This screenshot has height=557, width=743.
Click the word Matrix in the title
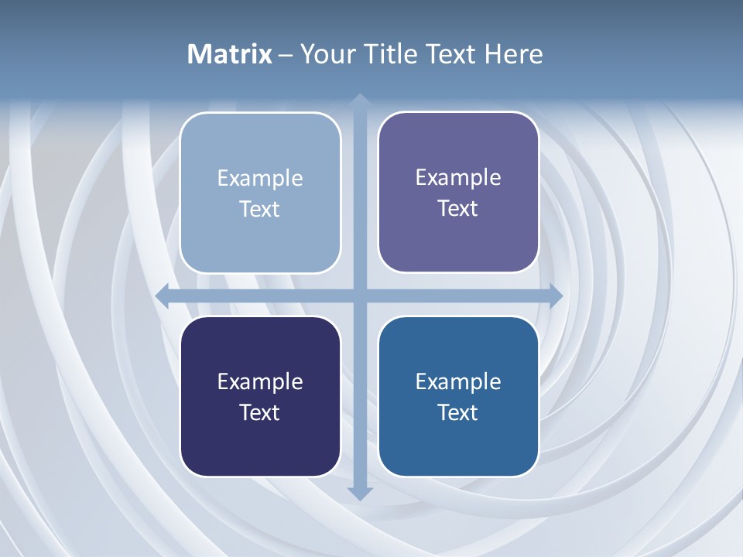230,54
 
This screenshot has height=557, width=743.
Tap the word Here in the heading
513,54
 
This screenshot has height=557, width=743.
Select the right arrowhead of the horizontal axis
555,296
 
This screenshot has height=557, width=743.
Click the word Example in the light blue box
260,178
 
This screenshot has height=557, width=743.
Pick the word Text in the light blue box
260,209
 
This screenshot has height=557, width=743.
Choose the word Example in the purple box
458,177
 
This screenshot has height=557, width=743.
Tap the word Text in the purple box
458,208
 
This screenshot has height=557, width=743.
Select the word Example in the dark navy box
260,381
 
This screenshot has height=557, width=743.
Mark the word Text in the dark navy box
260,412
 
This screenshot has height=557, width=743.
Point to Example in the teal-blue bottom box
458,381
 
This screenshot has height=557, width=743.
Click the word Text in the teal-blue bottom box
458,412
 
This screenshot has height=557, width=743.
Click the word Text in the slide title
450,54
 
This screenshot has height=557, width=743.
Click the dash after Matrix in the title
286,55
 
